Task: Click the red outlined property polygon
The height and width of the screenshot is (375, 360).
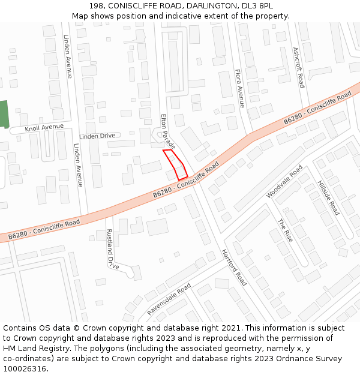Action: (175, 164)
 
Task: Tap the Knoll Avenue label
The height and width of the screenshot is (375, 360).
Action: (44, 128)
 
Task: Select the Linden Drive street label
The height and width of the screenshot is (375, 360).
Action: (97, 136)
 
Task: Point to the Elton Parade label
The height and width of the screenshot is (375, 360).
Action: (168, 131)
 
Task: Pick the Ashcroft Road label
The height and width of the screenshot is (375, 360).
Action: (298, 68)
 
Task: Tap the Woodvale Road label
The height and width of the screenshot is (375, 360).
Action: (284, 182)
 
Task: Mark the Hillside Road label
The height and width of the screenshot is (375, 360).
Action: (329, 197)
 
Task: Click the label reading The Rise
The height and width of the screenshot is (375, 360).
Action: (285, 230)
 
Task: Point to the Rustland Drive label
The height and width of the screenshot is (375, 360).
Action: (112, 248)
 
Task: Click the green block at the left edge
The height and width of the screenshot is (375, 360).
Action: (4, 114)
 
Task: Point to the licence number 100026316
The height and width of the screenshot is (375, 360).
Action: (26, 368)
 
